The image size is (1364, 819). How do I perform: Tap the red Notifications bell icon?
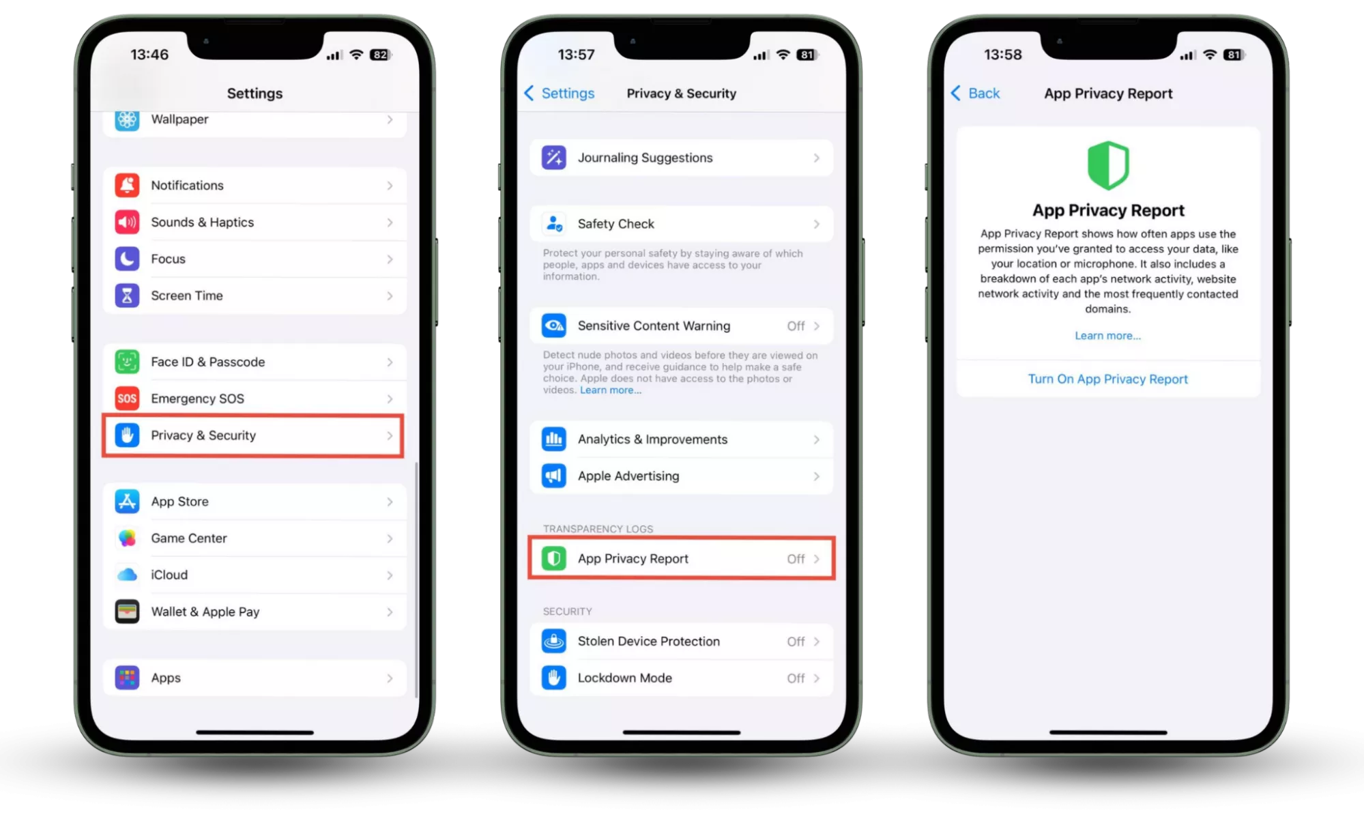[127, 186]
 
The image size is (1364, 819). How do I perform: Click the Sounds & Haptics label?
[202, 222]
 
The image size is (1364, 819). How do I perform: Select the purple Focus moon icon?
[127, 259]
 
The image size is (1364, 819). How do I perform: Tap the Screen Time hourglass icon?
[127, 296]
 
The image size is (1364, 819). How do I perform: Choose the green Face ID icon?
[127, 362]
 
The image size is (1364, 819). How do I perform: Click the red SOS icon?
[127, 399]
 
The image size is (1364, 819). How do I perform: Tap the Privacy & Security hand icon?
[127, 435]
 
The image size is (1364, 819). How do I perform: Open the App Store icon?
[127, 502]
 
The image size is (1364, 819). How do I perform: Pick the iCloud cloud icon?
[127, 575]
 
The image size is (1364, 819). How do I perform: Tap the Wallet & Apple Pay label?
[205, 612]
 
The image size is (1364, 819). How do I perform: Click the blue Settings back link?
[560, 94]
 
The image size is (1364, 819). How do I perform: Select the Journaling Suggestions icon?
[553, 158]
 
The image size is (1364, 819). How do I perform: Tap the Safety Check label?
[615, 224]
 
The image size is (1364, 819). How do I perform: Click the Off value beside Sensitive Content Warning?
[796, 326]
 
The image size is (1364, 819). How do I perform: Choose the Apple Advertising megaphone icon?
[553, 476]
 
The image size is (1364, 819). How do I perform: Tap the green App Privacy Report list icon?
[553, 559]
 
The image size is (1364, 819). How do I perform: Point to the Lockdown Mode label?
[624, 678]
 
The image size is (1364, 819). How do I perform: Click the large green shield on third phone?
[1107, 165]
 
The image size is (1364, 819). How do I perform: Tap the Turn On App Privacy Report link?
[1107, 379]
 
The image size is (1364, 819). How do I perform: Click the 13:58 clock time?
[1002, 55]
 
